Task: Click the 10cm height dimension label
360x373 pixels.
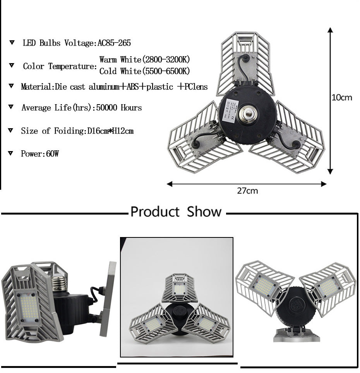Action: [x=342, y=97]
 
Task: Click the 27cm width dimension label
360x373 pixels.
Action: [x=247, y=191]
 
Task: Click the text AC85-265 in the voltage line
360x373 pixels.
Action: [x=117, y=43]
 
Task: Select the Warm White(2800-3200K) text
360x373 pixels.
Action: [x=144, y=60]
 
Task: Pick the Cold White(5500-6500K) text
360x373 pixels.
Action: [x=144, y=71]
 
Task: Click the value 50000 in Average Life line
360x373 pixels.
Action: [x=106, y=108]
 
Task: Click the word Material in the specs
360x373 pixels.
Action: [x=36, y=87]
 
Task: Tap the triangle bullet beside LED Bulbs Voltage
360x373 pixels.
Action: [x=12, y=43]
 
